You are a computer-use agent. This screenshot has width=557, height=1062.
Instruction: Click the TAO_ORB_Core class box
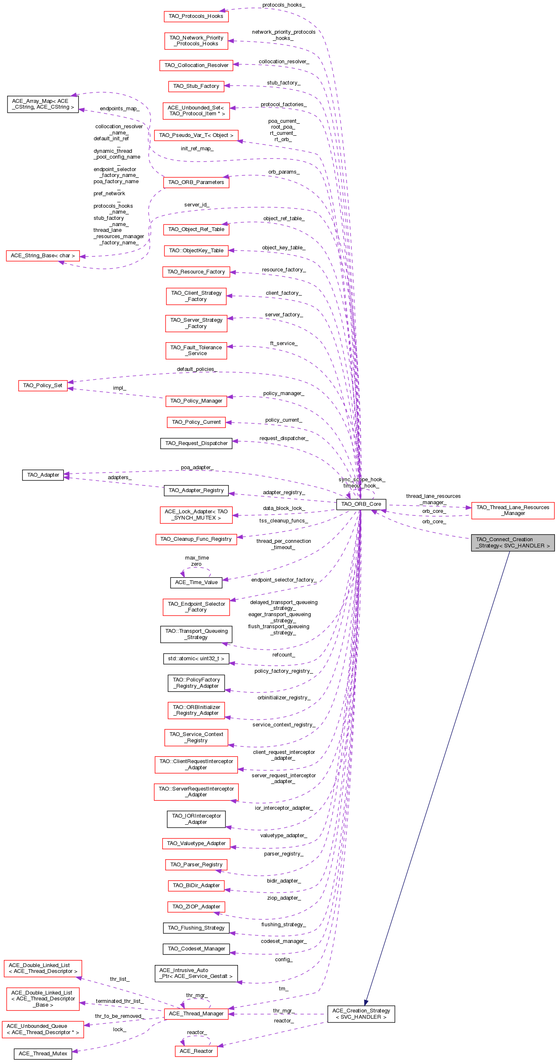361,504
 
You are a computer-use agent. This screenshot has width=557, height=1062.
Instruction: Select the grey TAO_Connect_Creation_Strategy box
512,542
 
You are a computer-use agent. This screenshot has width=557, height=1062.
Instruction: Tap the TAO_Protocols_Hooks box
196,16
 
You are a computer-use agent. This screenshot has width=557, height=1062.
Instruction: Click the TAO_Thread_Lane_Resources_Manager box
512,510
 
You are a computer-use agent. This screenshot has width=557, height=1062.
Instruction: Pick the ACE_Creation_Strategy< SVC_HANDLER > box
361,1014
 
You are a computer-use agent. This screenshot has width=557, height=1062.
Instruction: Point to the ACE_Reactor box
196,1051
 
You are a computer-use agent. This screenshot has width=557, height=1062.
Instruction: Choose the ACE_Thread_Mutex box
43,1053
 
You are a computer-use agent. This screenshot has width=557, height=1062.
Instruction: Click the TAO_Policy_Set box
43,386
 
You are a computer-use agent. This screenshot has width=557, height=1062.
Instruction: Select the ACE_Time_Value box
196,582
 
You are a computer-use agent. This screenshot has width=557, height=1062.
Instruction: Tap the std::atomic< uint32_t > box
196,659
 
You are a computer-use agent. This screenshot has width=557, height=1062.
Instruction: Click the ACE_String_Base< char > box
43,256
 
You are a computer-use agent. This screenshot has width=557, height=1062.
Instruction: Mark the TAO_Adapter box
43,475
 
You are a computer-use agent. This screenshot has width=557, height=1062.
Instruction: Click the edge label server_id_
197,205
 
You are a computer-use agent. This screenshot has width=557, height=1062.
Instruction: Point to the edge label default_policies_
197,369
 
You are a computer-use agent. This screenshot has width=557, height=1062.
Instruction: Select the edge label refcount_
284,655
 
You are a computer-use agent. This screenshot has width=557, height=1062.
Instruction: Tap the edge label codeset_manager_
284,941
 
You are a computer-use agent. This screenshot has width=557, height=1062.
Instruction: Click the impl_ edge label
119,388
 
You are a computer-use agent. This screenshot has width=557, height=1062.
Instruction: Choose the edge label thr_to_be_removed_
120,1016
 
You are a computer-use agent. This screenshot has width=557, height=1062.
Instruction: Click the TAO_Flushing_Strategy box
196,928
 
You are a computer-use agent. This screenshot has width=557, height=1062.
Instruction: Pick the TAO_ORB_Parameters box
196,182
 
